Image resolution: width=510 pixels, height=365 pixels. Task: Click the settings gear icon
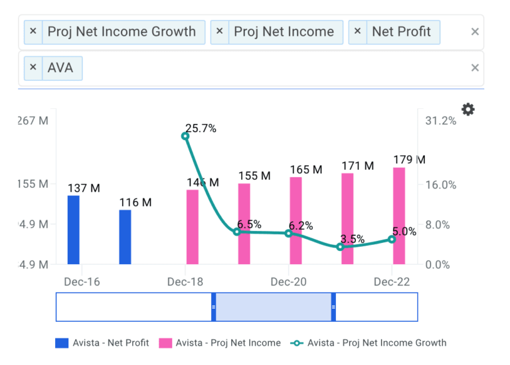click(468, 110)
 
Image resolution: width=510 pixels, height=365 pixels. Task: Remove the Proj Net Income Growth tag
click(33, 31)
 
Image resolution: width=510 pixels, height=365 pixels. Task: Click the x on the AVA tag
click(33, 68)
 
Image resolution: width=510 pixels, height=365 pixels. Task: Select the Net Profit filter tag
click(401, 31)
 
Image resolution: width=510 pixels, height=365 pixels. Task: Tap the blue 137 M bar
click(74, 230)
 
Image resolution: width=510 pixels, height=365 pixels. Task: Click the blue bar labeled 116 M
click(125, 237)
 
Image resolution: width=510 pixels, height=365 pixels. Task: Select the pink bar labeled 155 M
click(244, 224)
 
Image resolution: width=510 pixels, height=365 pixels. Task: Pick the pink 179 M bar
click(398, 216)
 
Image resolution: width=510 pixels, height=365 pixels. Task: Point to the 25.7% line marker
click(185, 136)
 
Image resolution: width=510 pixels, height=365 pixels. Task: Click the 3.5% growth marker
click(340, 247)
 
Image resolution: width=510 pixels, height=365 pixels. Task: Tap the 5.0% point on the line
click(392, 239)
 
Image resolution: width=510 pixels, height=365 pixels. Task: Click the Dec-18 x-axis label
click(185, 282)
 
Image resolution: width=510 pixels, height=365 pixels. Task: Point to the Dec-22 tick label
click(392, 282)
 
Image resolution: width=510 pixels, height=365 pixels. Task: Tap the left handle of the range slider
click(214, 307)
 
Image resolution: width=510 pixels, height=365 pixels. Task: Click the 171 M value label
click(357, 166)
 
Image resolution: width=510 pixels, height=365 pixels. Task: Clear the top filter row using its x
click(475, 31)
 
